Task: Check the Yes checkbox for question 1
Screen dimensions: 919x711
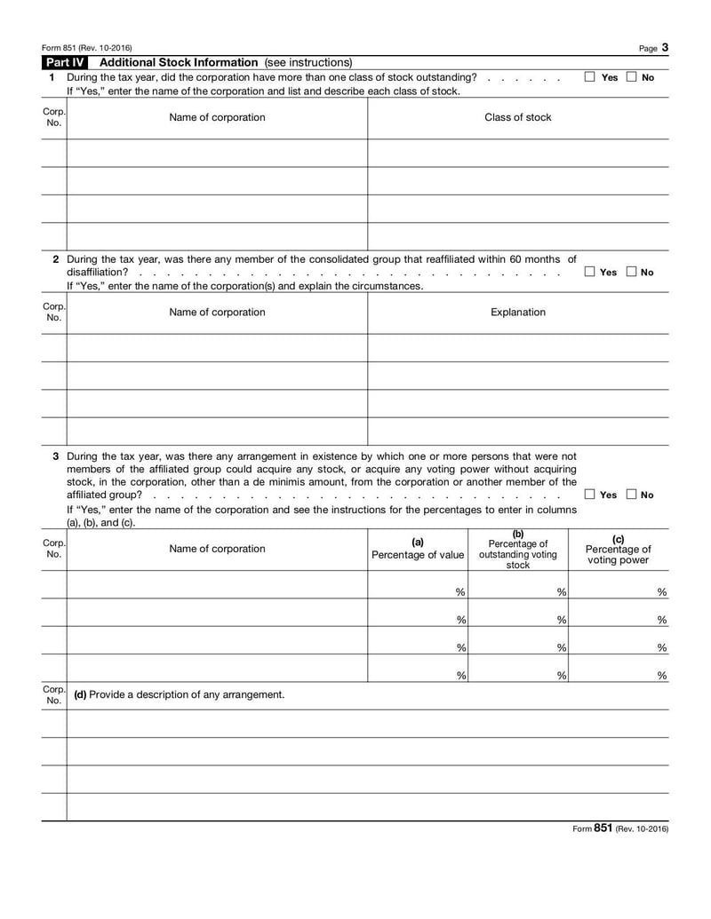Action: tap(590, 77)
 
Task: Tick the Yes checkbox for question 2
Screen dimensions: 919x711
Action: tap(590, 272)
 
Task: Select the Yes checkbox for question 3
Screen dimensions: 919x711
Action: tap(590, 495)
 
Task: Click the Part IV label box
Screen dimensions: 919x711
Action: tap(66, 62)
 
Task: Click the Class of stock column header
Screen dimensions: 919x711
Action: tap(517, 117)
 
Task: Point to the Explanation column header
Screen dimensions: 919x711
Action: tap(517, 312)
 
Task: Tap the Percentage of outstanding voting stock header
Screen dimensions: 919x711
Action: tap(518, 550)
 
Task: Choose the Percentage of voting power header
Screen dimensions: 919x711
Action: tap(619, 550)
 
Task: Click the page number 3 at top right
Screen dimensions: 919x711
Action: tap(665, 46)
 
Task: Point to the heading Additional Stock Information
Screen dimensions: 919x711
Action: tap(180, 62)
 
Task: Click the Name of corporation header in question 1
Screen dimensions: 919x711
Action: tap(217, 117)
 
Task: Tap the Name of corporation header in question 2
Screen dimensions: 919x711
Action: tap(217, 312)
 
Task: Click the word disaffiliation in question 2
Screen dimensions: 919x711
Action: tap(97, 272)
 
